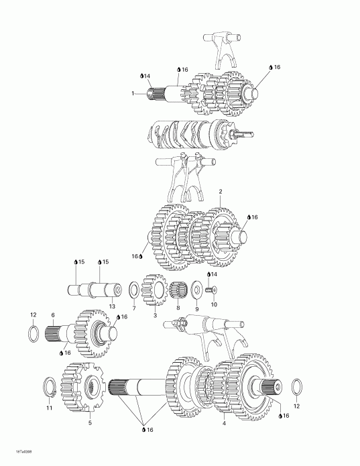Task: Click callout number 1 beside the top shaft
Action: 133,93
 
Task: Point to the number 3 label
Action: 155,314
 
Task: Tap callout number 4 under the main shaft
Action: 223,422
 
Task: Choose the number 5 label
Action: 90,422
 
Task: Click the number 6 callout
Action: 53,314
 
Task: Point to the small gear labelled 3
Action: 156,292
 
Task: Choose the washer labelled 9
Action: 196,290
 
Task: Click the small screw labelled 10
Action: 211,290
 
